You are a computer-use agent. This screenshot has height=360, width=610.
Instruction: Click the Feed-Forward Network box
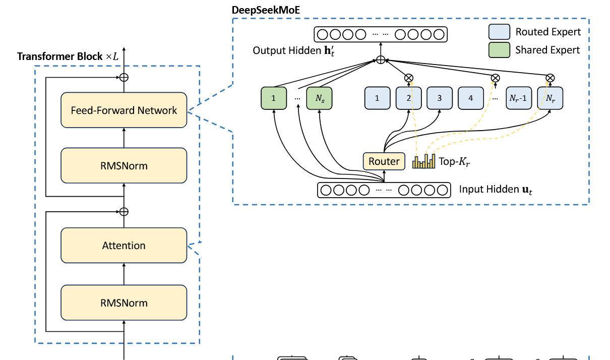124,110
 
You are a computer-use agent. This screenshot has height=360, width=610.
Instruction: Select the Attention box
124,246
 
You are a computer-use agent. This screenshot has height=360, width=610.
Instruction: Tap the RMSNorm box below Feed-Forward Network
124,165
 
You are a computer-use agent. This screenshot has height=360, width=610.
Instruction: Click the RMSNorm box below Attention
124,303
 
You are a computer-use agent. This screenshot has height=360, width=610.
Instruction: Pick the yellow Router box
384,161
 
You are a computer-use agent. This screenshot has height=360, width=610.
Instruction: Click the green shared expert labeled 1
273,98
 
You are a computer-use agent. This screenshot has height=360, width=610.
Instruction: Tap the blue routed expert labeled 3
440,98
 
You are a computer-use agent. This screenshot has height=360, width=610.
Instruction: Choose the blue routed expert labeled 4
471,98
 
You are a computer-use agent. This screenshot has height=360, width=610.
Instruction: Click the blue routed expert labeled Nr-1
518,98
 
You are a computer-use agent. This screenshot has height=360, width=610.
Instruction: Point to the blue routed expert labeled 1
377,98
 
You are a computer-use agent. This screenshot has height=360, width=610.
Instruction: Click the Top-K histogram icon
423,161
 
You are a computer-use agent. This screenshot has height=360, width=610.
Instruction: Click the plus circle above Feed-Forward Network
124,77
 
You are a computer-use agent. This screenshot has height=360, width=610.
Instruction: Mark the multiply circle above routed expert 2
409,78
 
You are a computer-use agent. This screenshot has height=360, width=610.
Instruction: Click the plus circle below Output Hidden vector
381,60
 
